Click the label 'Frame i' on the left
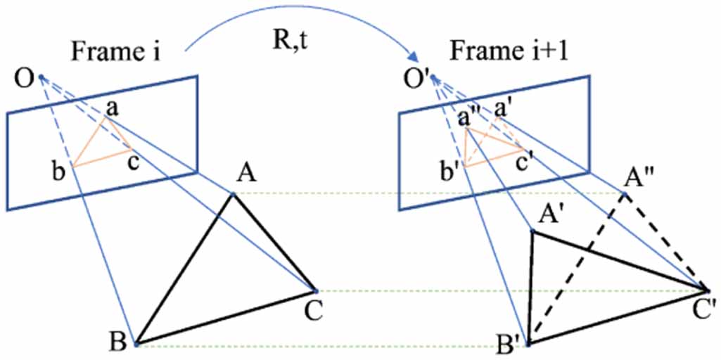[115, 53]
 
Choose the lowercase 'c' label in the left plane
[133, 162]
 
